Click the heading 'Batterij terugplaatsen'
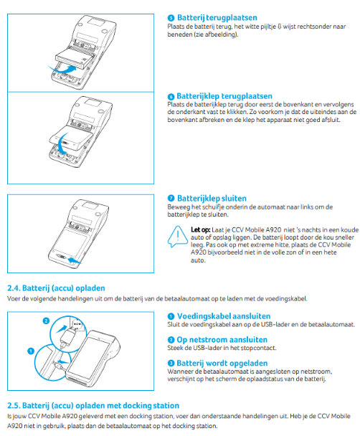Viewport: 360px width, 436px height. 217,18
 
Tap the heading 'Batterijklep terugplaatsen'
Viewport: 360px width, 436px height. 224,96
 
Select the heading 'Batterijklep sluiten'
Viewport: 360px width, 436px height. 212,198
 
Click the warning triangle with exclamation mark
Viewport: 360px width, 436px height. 178,237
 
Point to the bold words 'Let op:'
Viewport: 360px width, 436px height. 200,230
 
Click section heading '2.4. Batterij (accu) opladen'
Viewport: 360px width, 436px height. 56,288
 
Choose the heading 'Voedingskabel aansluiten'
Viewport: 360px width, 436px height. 224,316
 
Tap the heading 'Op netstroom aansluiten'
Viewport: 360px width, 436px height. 222,340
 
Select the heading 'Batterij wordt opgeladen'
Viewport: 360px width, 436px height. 222,363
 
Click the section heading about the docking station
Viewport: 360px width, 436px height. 93,405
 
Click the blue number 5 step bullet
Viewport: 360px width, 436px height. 171,18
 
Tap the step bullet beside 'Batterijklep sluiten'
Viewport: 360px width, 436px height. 171,198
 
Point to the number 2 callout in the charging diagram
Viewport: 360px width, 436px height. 46,321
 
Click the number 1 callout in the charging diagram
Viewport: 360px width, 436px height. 31,351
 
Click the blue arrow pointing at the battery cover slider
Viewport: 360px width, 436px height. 75,261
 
